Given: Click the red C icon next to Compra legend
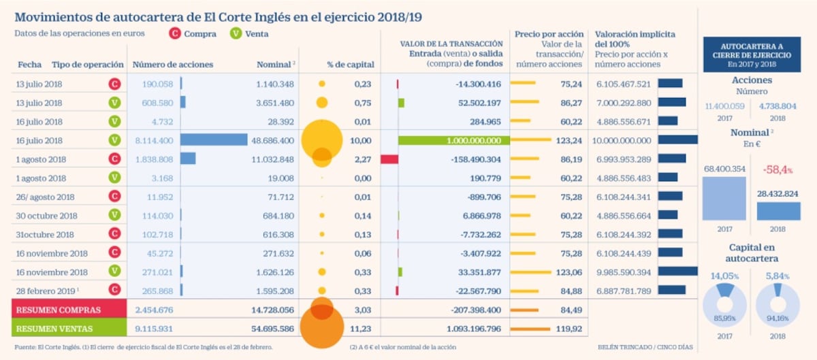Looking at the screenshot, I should click(x=175, y=33).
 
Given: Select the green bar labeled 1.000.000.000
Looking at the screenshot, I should click(x=453, y=140).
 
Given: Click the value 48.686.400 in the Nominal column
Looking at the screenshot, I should click(x=272, y=140).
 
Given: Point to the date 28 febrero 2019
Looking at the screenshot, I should click(x=46, y=291).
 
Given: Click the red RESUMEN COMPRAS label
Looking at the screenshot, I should click(x=59, y=310).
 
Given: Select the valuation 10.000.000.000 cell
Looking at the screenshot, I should click(x=622, y=140).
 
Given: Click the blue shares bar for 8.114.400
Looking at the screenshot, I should click(x=213, y=140).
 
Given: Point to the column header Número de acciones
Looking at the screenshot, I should click(x=172, y=65).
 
